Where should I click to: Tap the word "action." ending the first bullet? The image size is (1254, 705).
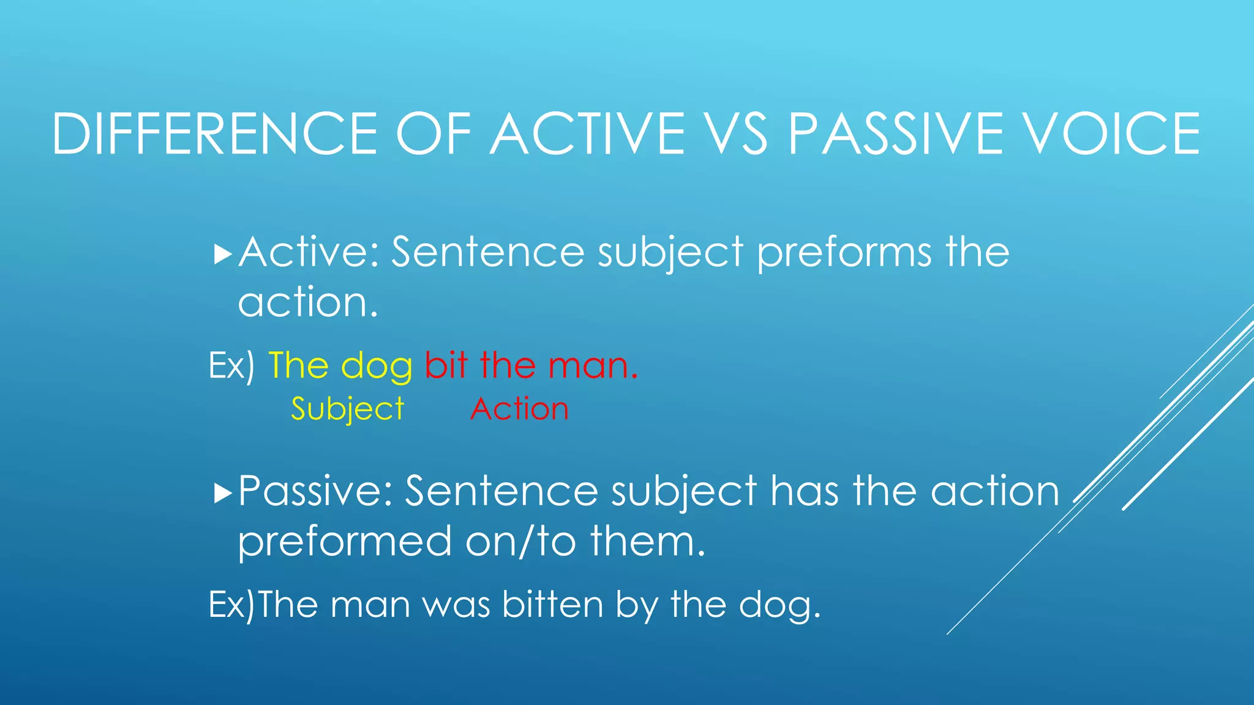click(x=307, y=302)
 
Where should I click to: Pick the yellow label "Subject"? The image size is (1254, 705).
click(x=347, y=409)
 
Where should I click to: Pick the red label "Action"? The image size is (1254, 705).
click(x=519, y=409)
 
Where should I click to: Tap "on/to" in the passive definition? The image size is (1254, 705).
click(x=520, y=542)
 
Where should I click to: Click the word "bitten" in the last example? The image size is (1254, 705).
click(x=553, y=605)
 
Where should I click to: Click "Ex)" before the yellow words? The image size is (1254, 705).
click(x=231, y=366)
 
